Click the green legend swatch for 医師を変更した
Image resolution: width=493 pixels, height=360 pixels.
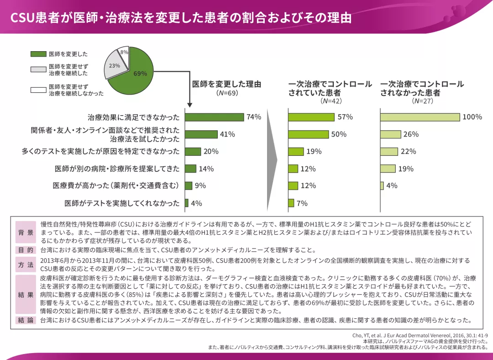coord(38,54)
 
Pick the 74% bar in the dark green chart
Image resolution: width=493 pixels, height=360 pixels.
coord(214,117)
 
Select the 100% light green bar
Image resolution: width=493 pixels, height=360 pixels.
coord(420,117)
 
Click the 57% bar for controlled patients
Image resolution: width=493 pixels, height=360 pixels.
coord(311,117)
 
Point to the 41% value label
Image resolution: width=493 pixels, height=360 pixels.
coord(227,134)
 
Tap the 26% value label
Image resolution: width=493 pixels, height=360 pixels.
coord(411,134)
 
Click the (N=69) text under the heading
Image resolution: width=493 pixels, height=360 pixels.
coord(227,93)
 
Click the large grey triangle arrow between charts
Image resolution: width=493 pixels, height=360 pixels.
coord(272,160)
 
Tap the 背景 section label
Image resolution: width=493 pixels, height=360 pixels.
coord(26,233)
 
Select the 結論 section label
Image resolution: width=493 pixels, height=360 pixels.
coord(26,320)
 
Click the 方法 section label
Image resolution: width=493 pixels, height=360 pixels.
coord(26,265)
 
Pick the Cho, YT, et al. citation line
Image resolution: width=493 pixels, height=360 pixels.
coord(420,335)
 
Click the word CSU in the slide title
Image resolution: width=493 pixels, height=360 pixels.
coord(21,17)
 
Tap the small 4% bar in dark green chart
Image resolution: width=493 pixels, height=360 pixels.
coord(187,203)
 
